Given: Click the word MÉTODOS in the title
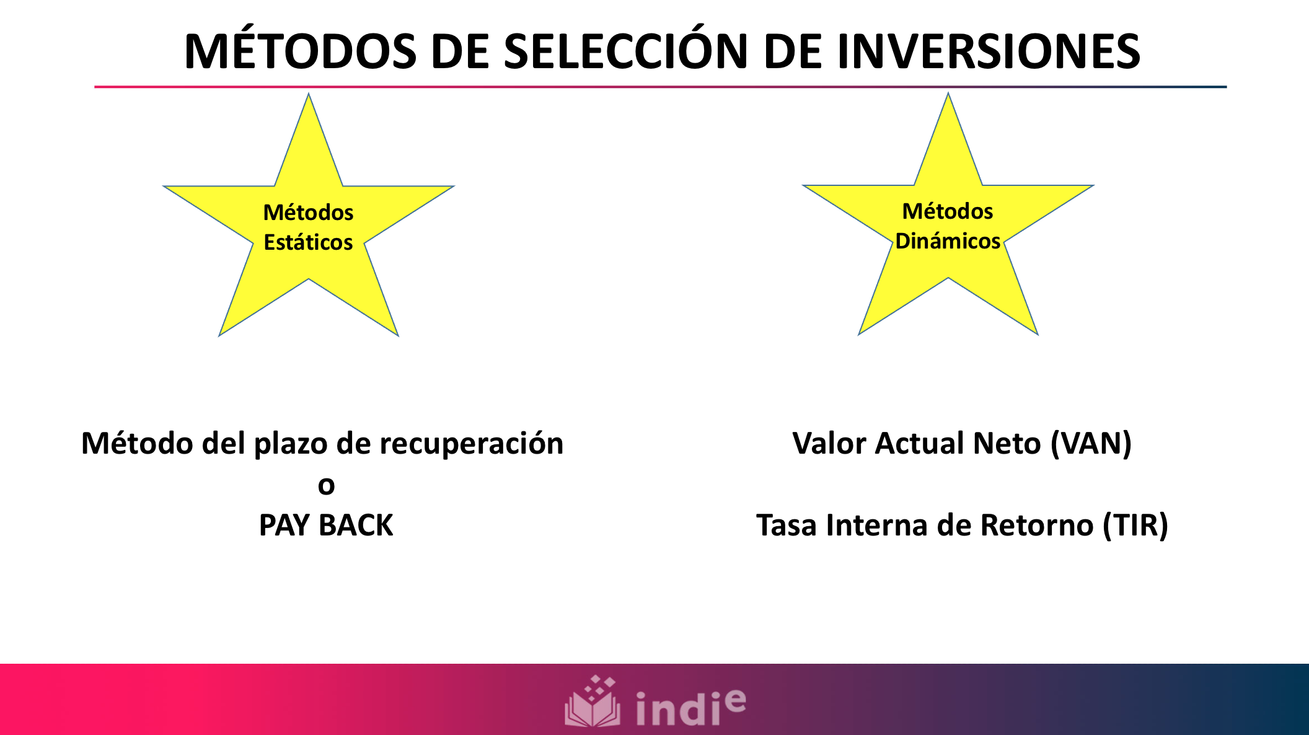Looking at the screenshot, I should pos(301,51).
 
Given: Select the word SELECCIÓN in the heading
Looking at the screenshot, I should pos(626,51).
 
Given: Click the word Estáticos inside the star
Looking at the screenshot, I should pos(308,242).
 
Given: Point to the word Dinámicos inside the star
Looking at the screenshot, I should pos(948,241).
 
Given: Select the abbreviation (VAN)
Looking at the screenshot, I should pos(1091,444).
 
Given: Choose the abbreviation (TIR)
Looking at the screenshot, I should pos(1135,526).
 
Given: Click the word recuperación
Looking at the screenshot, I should pos(471,444).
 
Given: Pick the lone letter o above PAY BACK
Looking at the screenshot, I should pos(326,486).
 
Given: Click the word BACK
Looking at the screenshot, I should pos(356,526).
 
